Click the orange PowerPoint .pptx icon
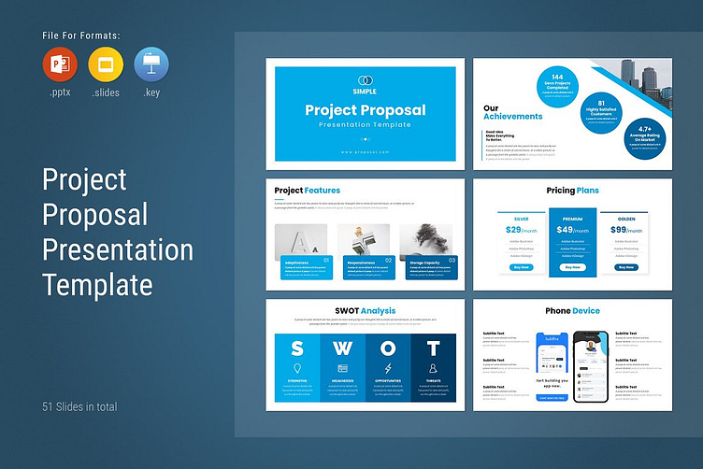(58, 64)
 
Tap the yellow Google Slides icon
(104, 64)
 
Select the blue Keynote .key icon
(151, 64)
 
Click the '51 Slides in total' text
(79, 406)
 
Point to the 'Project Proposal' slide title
(365, 110)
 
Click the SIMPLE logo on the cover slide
(365, 84)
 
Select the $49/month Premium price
(572, 230)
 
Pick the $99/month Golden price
(625, 230)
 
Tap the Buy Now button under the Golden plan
(625, 267)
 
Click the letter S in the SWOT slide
(296, 349)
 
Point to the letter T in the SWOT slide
(433, 349)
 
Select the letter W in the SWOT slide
(342, 349)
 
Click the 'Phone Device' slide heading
(572, 311)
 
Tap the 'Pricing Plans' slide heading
(572, 191)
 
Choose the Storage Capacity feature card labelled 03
(430, 267)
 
